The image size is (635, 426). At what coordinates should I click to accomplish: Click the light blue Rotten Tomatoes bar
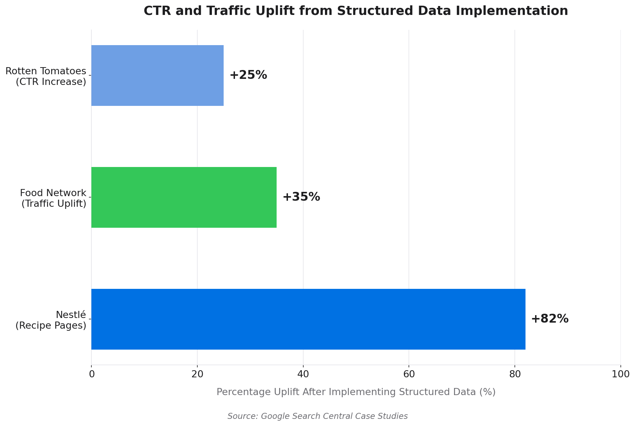tap(158, 75)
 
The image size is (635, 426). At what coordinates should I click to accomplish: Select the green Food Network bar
tap(184, 197)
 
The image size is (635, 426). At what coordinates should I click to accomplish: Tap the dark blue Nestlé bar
tap(308, 319)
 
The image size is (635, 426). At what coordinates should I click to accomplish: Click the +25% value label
tap(248, 75)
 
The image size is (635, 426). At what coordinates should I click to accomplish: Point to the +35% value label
tap(301, 197)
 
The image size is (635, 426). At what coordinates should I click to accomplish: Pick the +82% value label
tap(550, 319)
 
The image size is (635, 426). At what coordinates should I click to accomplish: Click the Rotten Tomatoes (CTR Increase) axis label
tap(46, 76)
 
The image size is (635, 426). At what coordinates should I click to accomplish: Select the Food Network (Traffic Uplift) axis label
tap(53, 198)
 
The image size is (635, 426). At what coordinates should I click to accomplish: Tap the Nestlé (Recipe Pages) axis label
tap(51, 320)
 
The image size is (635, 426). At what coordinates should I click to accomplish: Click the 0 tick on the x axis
tap(92, 374)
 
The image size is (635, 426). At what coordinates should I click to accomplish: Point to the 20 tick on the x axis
tap(197, 374)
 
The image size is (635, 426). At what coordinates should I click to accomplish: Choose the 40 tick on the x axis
tap(303, 374)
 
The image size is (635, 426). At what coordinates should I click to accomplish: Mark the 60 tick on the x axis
tap(409, 374)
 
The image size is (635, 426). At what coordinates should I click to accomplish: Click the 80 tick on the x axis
tap(515, 374)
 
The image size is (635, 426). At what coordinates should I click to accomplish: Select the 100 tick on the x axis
tap(620, 374)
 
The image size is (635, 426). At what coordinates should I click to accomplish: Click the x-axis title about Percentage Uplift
tap(356, 392)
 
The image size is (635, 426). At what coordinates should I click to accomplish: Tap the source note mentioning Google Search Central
tap(317, 416)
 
